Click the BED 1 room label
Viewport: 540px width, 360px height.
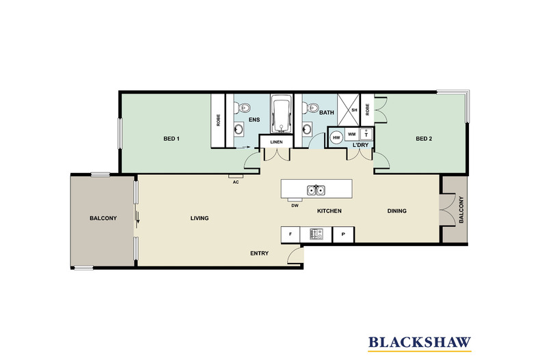coord(171,139)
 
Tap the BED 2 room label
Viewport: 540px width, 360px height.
coord(424,139)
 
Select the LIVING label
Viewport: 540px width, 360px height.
coord(199,218)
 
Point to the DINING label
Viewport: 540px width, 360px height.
coord(396,211)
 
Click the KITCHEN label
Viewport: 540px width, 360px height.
coord(328,211)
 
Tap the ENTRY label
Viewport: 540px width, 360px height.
coord(259,253)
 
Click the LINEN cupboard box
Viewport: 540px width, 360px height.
coord(276,141)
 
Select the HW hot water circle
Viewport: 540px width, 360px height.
coord(336,136)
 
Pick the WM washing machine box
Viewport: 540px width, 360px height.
coord(351,135)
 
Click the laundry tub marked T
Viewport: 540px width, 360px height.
coord(366,135)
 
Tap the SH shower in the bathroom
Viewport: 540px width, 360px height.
coord(354,110)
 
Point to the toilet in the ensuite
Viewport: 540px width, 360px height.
coord(240,107)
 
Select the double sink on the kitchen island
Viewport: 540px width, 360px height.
coord(316,190)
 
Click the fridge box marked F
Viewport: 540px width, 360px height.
coord(291,234)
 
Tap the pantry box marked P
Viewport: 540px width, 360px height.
coord(342,234)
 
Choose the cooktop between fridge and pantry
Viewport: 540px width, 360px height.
coord(316,234)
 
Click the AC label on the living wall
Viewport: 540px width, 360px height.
coord(235,182)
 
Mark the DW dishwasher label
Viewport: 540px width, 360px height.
coord(294,204)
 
